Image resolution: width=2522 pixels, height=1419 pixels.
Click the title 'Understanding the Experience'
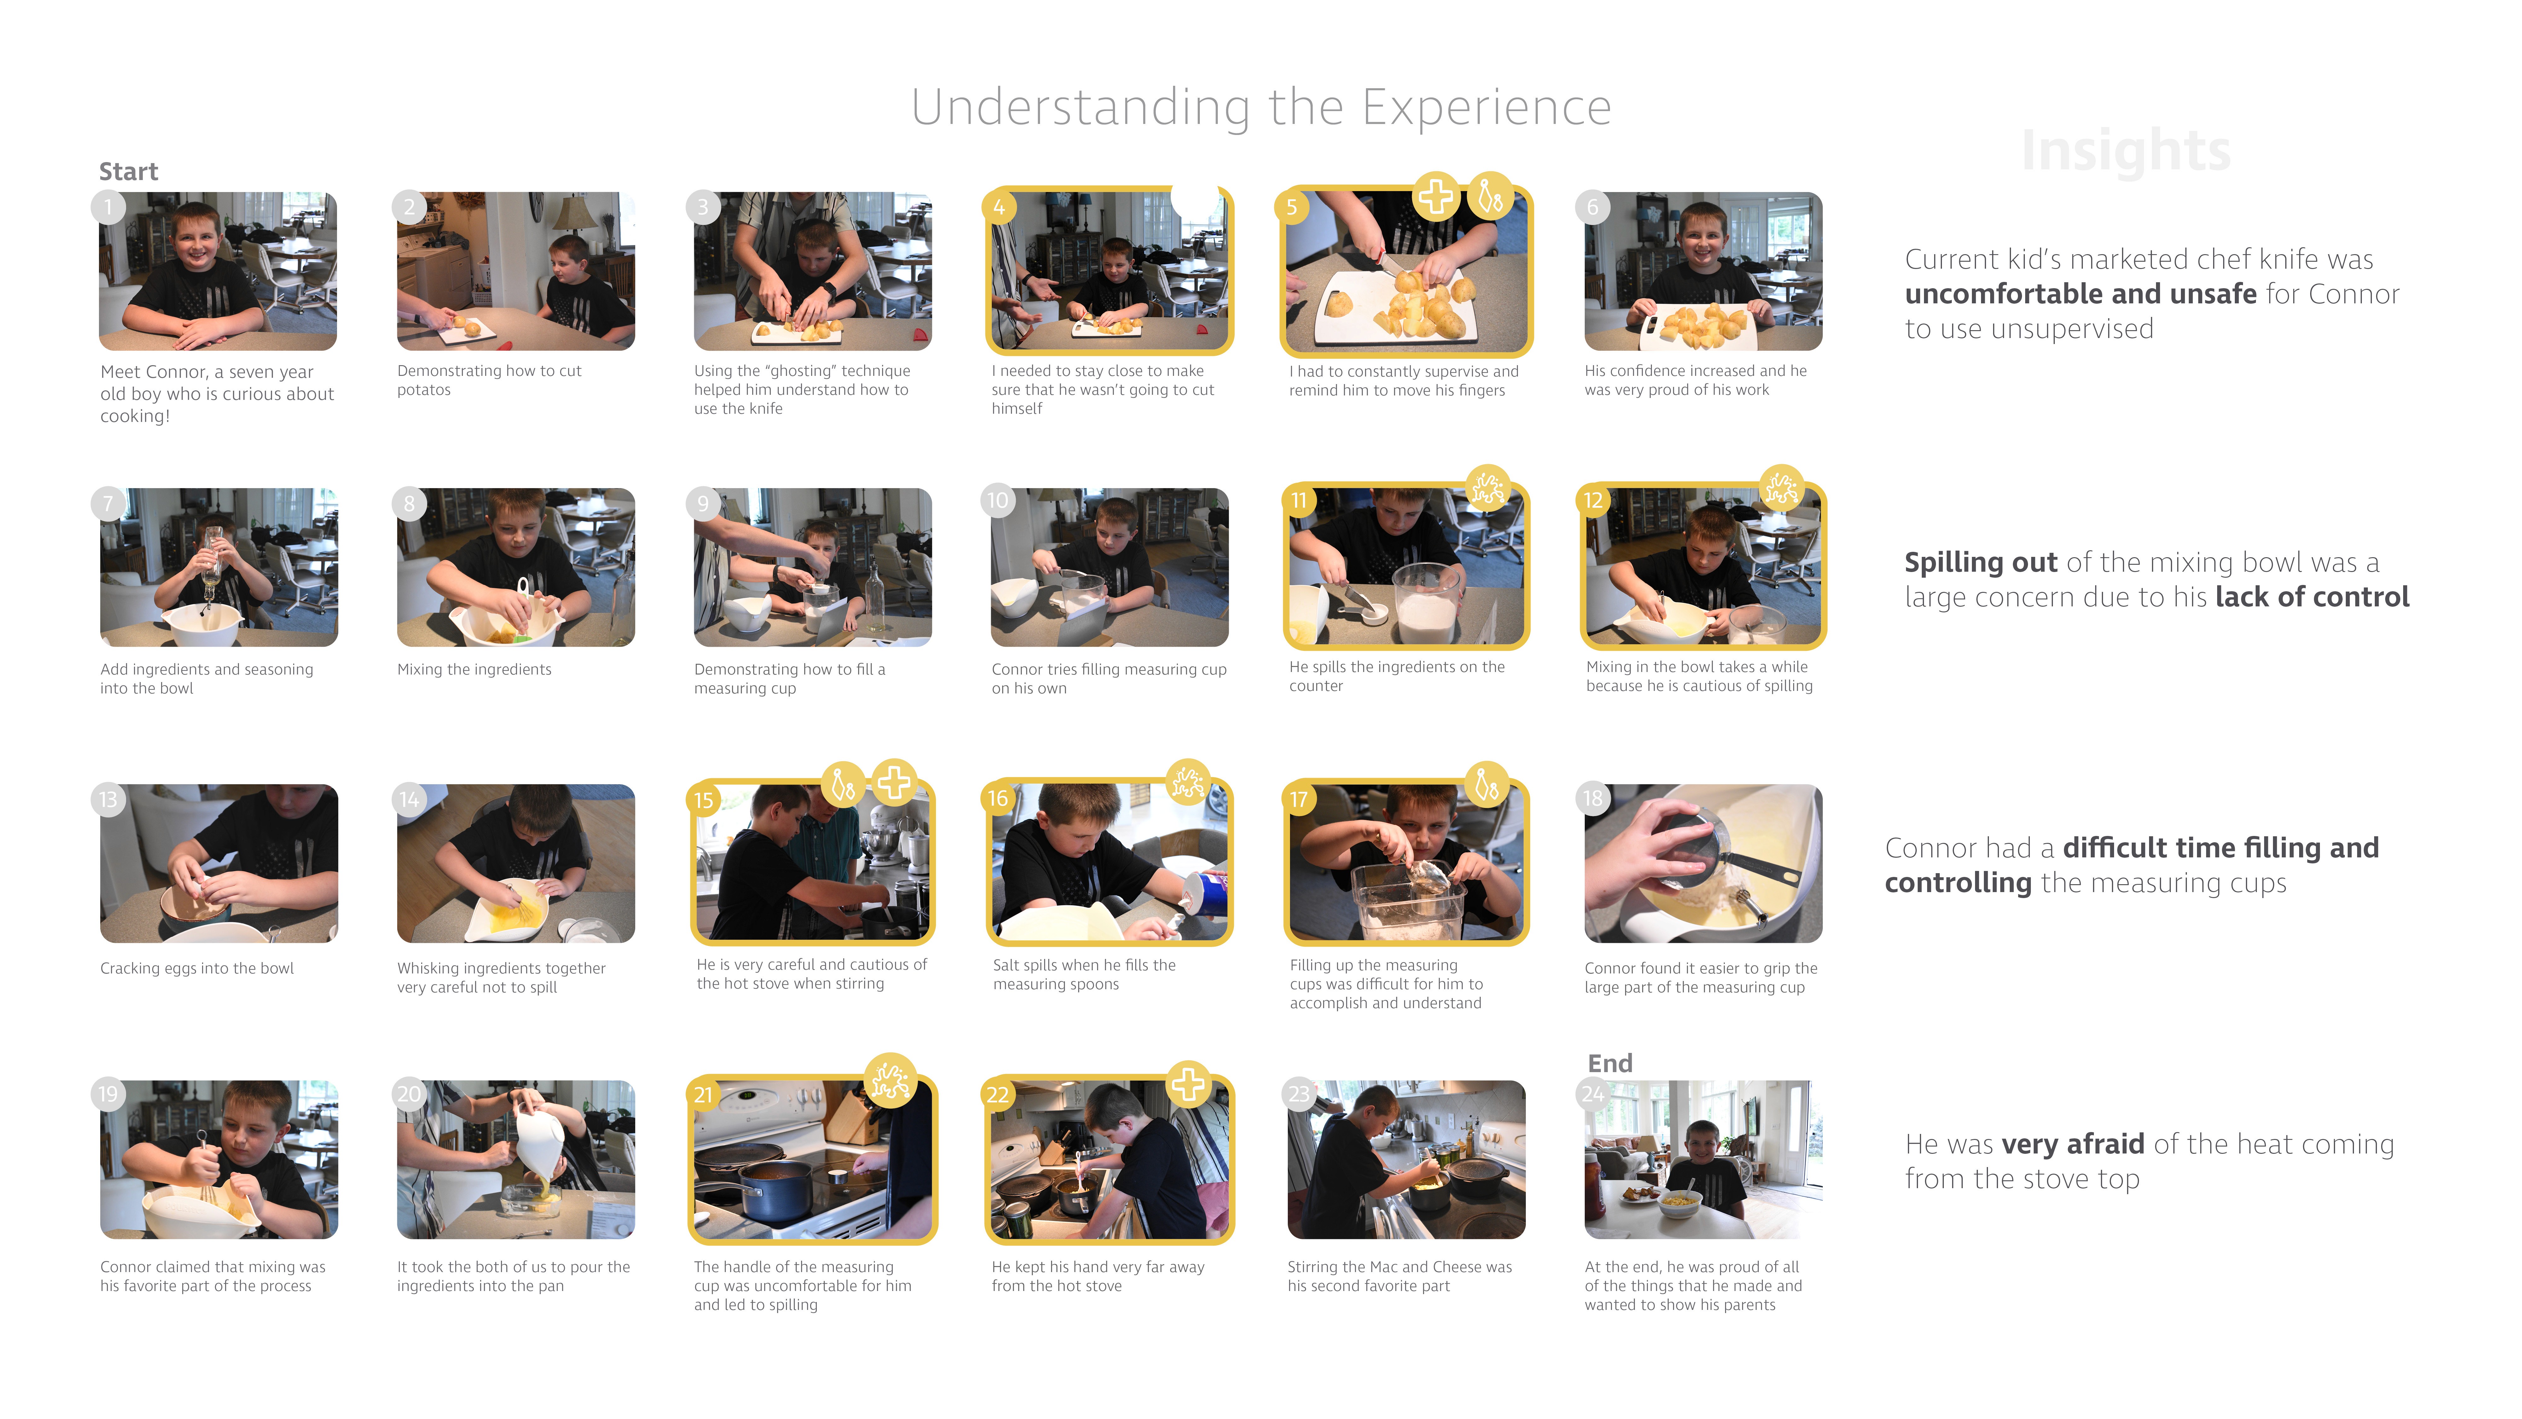1261,108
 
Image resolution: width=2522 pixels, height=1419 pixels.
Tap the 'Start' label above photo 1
128,171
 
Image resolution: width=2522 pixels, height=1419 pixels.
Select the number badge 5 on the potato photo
1292,207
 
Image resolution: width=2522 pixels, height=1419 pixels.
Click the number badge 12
1593,500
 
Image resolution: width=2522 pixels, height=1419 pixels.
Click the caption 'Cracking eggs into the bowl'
197,967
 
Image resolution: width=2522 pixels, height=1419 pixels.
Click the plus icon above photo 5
1435,197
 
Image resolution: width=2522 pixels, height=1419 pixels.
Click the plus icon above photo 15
893,782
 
